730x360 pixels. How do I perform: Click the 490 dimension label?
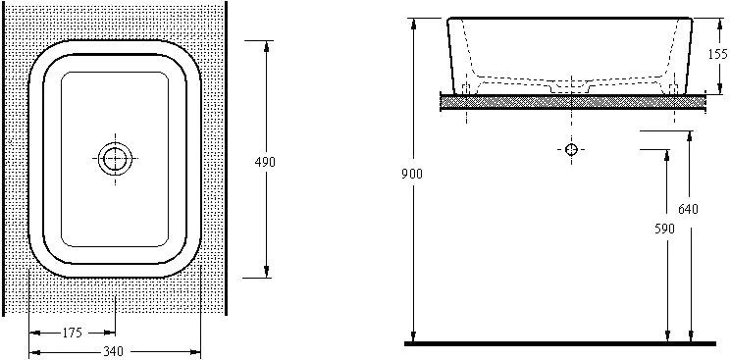pos(265,162)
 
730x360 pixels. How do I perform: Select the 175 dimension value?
pos(72,333)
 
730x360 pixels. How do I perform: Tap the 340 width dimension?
pos(113,351)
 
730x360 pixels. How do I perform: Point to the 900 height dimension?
pos(412,174)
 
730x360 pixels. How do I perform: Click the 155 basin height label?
pos(717,55)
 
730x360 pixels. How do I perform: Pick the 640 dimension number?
pos(688,210)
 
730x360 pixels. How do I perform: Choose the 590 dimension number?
pos(664,229)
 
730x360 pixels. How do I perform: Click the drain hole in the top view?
pos(115,158)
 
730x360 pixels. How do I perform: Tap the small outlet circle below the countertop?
pos(571,149)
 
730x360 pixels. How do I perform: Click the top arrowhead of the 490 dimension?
pos(266,46)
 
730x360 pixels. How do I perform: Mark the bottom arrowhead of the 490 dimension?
pos(266,272)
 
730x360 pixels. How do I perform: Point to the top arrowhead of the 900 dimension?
pos(413,24)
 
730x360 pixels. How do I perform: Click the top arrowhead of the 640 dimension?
pos(691,136)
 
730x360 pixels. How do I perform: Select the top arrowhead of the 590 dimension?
pos(667,156)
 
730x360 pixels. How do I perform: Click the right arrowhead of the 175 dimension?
pos(110,333)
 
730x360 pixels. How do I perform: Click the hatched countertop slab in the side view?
pos(573,102)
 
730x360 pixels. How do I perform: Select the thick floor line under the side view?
pos(560,343)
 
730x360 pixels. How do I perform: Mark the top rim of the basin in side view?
pos(570,19)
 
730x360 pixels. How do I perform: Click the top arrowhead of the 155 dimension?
pos(720,24)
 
